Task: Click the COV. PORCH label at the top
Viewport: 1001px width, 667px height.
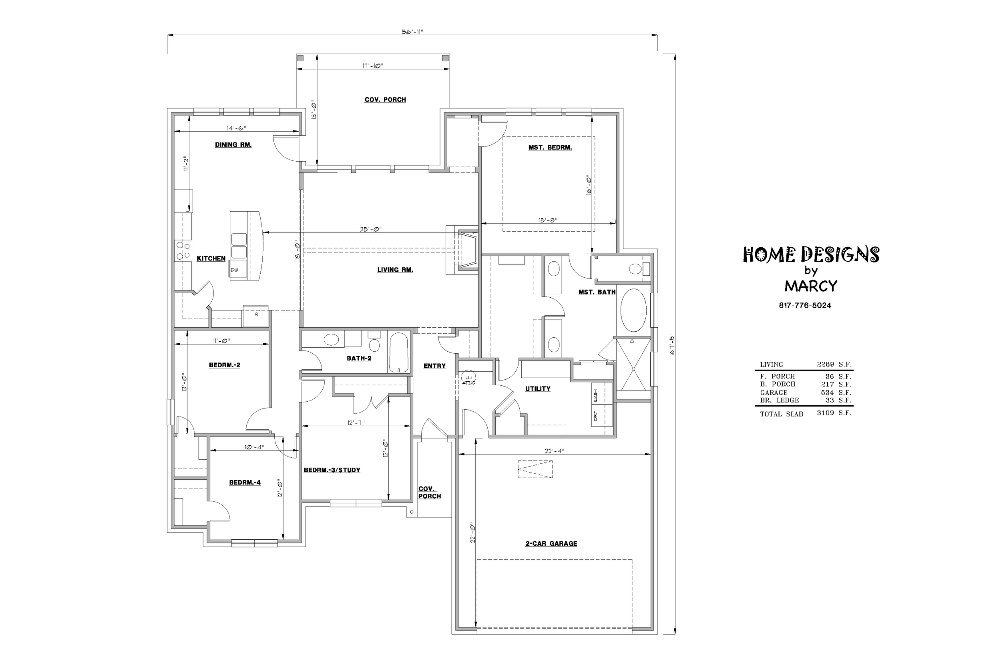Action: coord(385,100)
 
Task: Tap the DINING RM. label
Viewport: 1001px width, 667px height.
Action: coord(233,144)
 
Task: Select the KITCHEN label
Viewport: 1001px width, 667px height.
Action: coord(211,258)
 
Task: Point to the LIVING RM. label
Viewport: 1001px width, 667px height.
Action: coord(395,270)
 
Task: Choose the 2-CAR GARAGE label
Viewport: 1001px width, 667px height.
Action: coord(551,543)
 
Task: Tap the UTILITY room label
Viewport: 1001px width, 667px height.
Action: coord(537,389)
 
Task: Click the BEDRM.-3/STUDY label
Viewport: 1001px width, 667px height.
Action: coord(332,470)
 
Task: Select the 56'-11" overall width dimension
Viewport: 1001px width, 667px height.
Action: coord(412,32)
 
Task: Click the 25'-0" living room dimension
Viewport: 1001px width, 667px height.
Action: coord(371,229)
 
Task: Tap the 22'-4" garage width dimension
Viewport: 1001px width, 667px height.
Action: coord(554,451)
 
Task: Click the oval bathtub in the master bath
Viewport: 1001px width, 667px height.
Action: coord(633,310)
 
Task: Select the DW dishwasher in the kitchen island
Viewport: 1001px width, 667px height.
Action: coord(235,270)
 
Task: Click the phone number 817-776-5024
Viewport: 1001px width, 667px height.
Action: coord(805,305)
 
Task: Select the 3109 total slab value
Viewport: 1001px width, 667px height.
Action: coord(825,413)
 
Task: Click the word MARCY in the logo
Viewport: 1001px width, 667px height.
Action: coord(811,286)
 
